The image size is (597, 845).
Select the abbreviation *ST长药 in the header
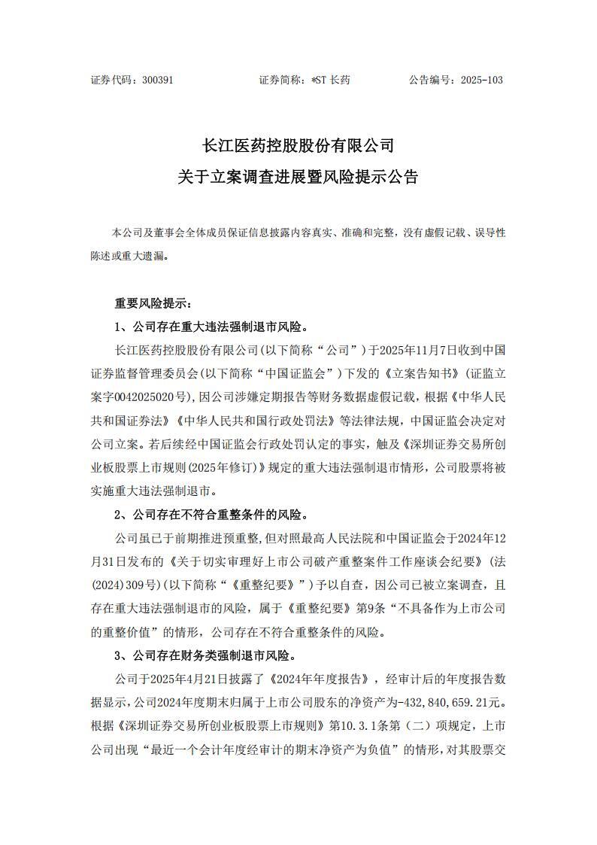[331, 80]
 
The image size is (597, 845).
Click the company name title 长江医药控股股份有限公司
[298, 144]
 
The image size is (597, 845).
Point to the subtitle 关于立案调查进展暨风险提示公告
[298, 178]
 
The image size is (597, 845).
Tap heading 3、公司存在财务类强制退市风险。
[205, 656]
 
